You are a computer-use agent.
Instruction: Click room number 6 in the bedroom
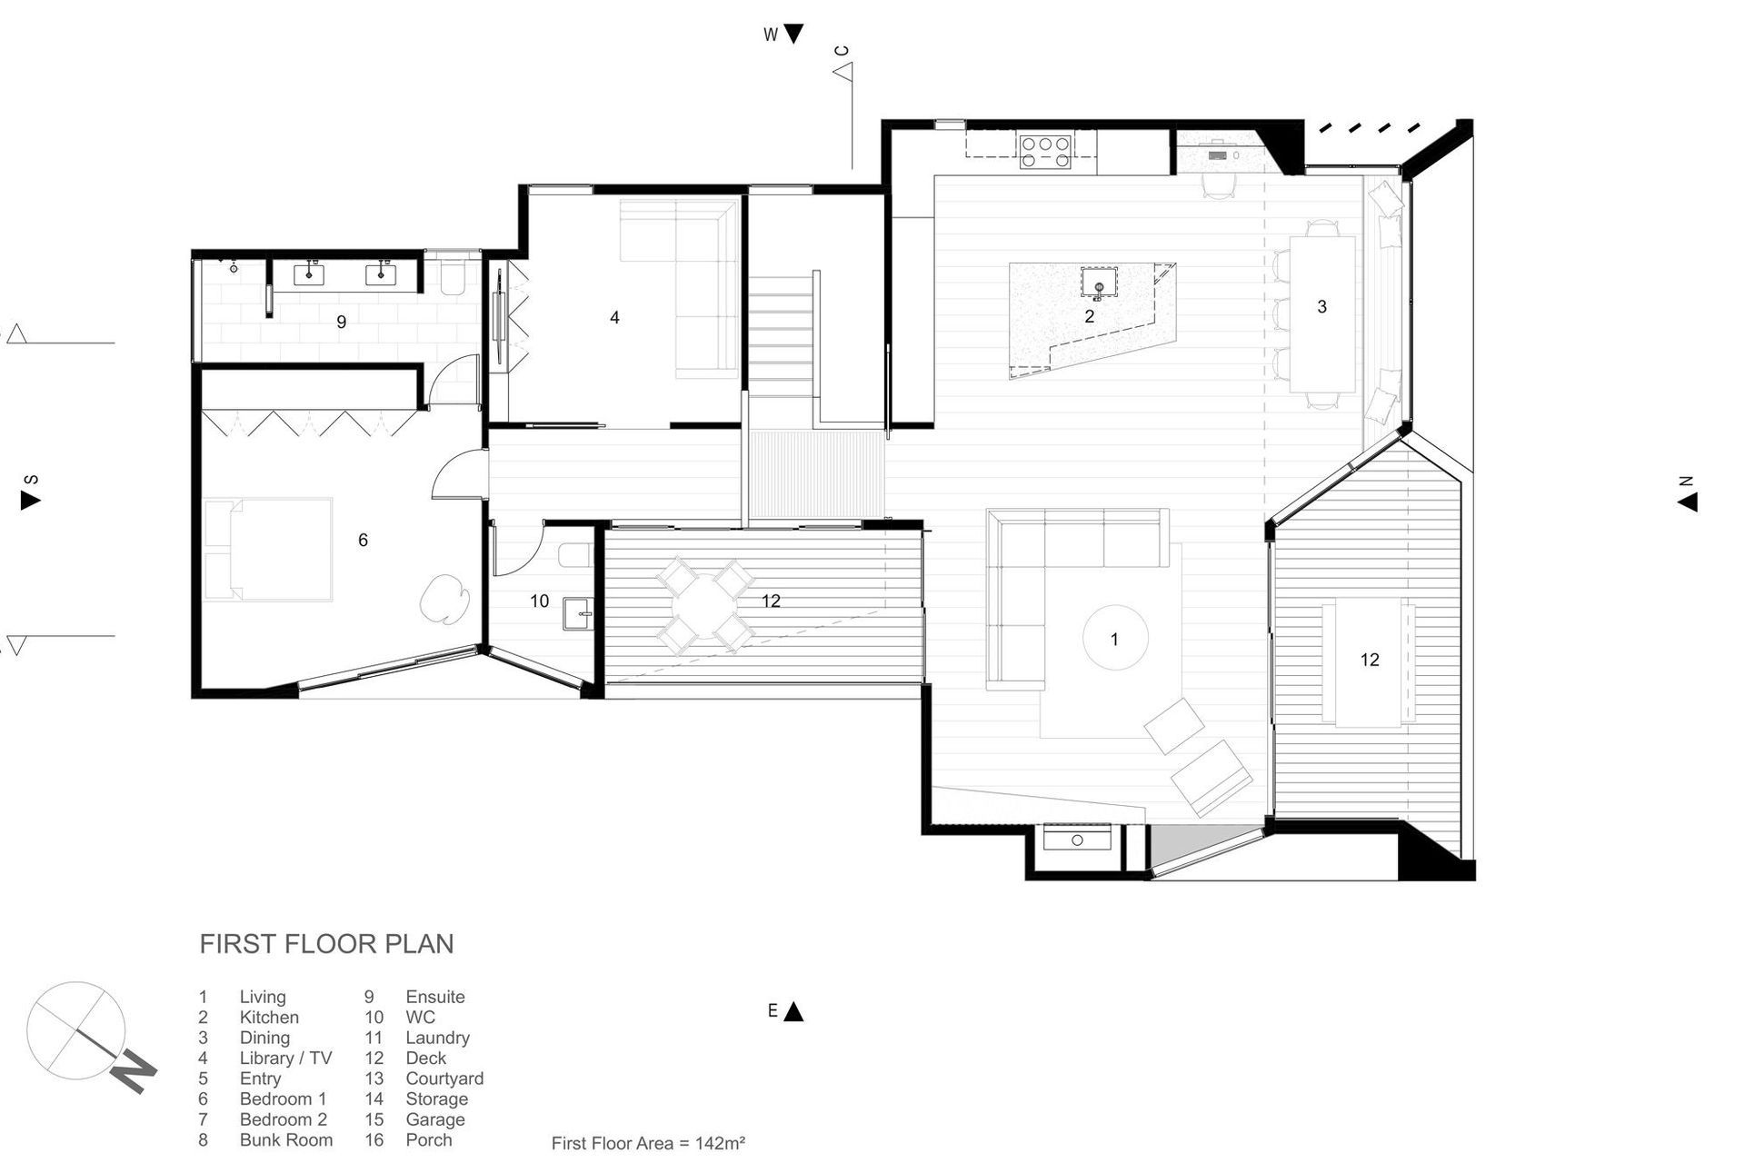tap(363, 541)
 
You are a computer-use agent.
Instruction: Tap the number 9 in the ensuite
tap(342, 322)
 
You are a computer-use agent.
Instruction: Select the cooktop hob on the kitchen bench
tap(1045, 152)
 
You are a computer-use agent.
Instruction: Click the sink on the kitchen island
tap(1099, 283)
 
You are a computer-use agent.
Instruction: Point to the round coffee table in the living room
tap(1115, 639)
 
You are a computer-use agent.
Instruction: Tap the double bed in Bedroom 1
tap(269, 549)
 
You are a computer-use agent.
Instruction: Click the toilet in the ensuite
tap(452, 276)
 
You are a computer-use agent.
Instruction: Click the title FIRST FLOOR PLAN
tap(326, 944)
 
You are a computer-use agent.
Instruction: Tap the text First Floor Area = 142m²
tap(648, 1143)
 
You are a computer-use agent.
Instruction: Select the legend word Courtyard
tap(444, 1079)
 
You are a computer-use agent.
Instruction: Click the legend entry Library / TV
tap(285, 1058)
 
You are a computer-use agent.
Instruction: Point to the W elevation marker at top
tap(783, 35)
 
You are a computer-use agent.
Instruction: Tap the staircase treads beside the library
tap(780, 336)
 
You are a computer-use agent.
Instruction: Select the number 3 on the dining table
tap(1321, 307)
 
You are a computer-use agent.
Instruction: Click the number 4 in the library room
tap(614, 317)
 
